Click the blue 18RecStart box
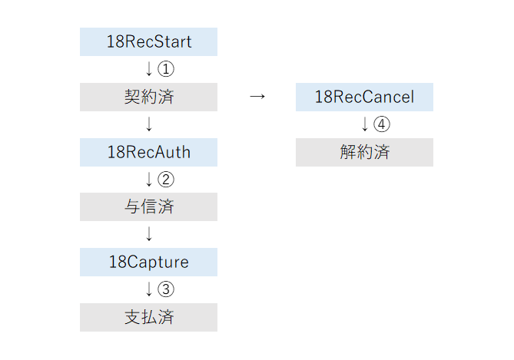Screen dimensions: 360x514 click(x=148, y=41)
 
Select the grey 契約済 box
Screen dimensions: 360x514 click(x=148, y=97)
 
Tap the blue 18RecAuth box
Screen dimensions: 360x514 click(x=148, y=152)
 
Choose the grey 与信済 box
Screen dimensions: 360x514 click(x=148, y=206)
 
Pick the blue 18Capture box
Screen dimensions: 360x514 click(x=148, y=262)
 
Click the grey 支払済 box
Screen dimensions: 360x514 click(x=148, y=317)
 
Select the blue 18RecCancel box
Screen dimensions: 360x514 click(x=364, y=97)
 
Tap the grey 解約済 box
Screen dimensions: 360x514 click(x=364, y=152)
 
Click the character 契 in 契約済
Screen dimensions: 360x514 click(x=132, y=97)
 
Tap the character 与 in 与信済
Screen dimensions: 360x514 click(x=132, y=206)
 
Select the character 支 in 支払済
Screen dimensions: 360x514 click(x=132, y=317)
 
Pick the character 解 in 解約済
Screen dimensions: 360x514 click(x=348, y=152)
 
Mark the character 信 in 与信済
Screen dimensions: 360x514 click(x=149, y=206)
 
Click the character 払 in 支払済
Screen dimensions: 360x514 click(x=149, y=317)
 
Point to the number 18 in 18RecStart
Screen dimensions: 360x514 click(x=114, y=41)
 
